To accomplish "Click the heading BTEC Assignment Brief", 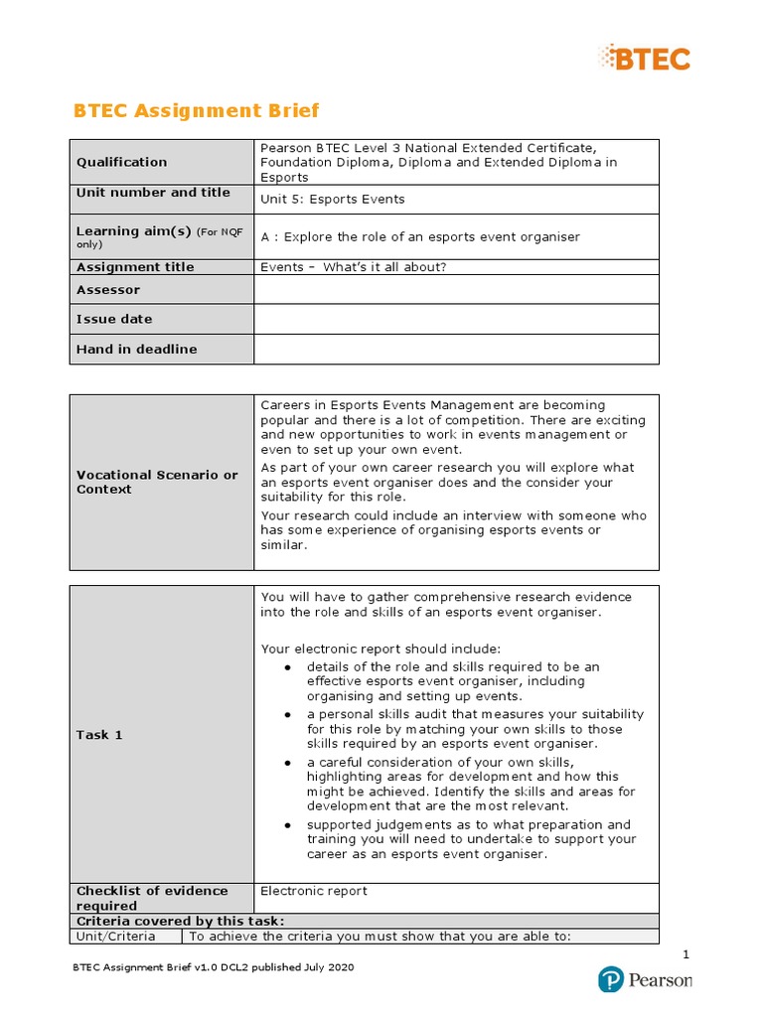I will pyautogui.click(x=197, y=110).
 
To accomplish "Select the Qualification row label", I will pyautogui.click(x=122, y=162).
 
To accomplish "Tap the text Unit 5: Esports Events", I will pyautogui.click(x=332, y=199).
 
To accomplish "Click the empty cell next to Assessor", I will pyautogui.click(x=456, y=289).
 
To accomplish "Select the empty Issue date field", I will pyautogui.click(x=456, y=319).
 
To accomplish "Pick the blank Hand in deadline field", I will pyautogui.click(x=456, y=349).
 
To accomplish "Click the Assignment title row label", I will pyautogui.click(x=135, y=267).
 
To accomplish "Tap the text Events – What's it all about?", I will pyautogui.click(x=352, y=267).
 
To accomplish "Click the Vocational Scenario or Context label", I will pyautogui.click(x=157, y=482).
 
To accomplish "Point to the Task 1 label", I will pyautogui.click(x=99, y=734).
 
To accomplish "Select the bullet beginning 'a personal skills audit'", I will pyautogui.click(x=475, y=729).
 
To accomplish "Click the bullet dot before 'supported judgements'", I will pyautogui.click(x=287, y=825).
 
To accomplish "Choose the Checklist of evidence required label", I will pyautogui.click(x=152, y=898).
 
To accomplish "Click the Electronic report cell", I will pyautogui.click(x=313, y=891).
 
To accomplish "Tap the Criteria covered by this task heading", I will pyautogui.click(x=180, y=921).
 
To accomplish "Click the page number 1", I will pyautogui.click(x=685, y=954).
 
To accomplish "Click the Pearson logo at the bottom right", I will pyautogui.click(x=645, y=980).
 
